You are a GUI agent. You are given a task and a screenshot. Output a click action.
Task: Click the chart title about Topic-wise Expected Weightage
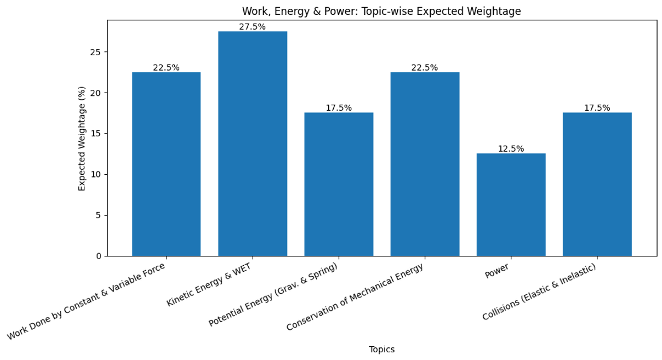click(381, 12)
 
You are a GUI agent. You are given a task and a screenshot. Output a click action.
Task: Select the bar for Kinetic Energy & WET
click(253, 143)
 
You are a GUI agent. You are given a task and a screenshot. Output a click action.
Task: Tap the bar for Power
click(511, 205)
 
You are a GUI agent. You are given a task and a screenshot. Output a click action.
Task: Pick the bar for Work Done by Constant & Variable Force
click(166, 164)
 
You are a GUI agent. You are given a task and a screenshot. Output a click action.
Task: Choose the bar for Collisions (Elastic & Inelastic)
click(597, 184)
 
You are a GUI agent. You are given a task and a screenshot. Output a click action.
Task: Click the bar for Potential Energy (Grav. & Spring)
click(339, 184)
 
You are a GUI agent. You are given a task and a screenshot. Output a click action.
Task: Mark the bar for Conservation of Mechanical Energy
click(425, 164)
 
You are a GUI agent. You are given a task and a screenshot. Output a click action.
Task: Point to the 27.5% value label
click(252, 27)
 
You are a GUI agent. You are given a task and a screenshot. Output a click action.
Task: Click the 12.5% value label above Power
click(511, 149)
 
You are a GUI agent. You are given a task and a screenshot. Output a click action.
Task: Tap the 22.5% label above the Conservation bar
click(425, 68)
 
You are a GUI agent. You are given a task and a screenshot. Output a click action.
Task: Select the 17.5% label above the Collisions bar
click(597, 108)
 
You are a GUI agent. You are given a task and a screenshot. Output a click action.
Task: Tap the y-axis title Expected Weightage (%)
click(82, 138)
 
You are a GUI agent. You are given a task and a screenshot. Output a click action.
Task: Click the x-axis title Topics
click(382, 350)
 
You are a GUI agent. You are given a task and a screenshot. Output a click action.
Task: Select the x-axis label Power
click(496, 272)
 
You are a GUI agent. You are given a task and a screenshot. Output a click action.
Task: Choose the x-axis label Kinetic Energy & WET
click(209, 284)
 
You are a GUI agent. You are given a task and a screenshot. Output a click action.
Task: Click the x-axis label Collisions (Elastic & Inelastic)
click(539, 292)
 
